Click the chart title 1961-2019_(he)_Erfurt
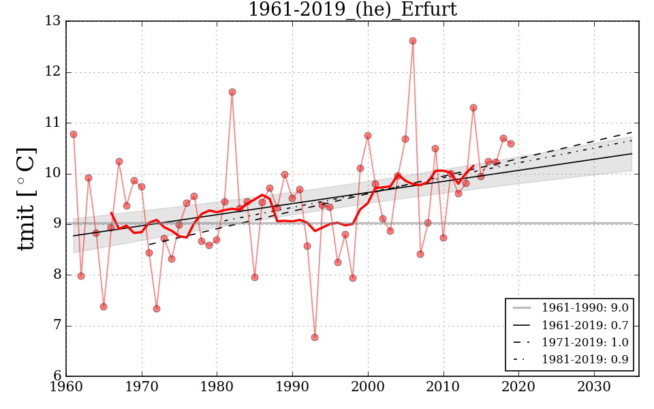[352, 10]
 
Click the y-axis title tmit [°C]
[25, 199]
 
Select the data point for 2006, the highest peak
[413, 41]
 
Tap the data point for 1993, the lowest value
[315, 337]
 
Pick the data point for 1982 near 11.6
[232, 92]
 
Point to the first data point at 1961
[74, 134]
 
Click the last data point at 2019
[511, 144]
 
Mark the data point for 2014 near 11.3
[473, 108]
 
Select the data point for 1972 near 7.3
[157, 309]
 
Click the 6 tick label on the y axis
[57, 376]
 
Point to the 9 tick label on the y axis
[57, 224]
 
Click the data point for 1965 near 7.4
[104, 307]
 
